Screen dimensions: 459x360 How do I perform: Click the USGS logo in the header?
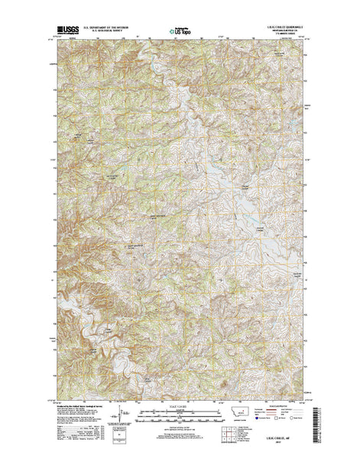click(62, 33)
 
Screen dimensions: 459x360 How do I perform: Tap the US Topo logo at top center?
click(180, 33)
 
